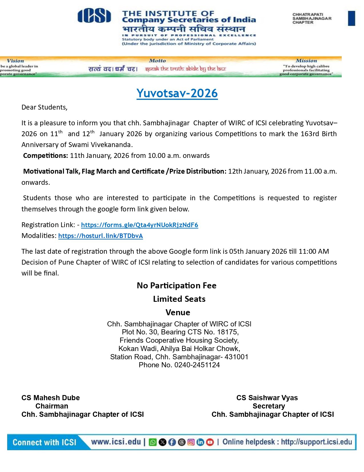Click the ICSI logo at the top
click(94, 16)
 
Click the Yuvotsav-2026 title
click(177, 93)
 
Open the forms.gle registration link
click(140, 225)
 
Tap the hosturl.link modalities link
click(100, 236)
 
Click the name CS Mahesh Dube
click(51, 398)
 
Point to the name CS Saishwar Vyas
click(267, 398)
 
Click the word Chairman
click(52, 406)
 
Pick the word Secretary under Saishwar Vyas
click(269, 406)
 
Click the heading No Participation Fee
click(177, 285)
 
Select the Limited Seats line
click(179, 299)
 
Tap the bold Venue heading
click(178, 312)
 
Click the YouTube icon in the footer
click(210, 442)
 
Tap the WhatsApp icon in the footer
click(153, 442)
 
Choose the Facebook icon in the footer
click(172, 442)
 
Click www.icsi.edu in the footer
click(116, 442)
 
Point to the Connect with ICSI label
click(44, 442)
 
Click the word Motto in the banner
click(157, 61)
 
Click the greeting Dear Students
click(44, 107)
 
